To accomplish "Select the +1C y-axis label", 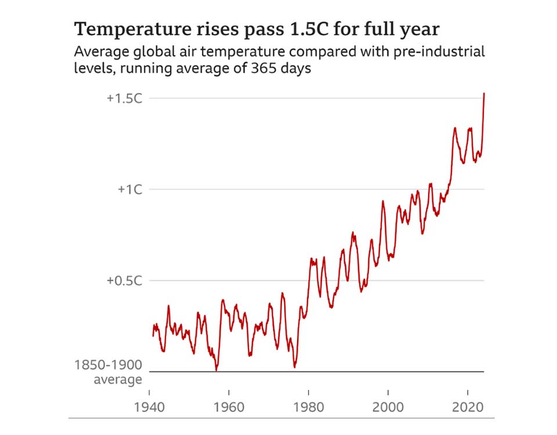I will [x=130, y=189].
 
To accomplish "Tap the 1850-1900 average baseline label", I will [x=108, y=372].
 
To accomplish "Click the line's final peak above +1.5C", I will [x=484, y=93].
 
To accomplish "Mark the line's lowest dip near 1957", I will [x=216, y=369].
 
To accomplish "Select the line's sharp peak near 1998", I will [x=383, y=201].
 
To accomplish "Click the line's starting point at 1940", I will [x=153, y=335].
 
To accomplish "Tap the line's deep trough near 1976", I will [x=295, y=367].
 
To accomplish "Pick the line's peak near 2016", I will [x=455, y=128].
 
